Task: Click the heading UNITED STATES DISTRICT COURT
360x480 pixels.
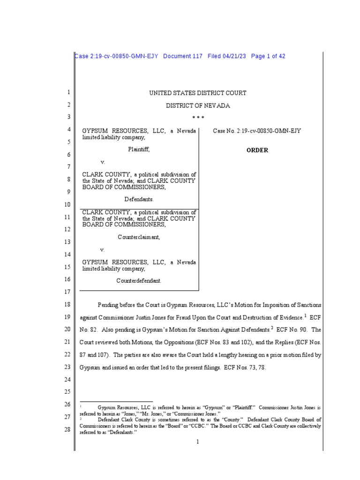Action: tap(197, 93)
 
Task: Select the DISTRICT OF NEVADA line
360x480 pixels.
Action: tap(197, 106)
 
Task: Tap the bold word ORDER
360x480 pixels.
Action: tap(257, 150)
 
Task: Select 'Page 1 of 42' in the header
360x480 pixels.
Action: tap(268, 56)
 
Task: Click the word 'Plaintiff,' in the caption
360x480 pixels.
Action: tap(139, 150)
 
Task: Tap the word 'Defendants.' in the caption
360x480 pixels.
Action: tap(139, 199)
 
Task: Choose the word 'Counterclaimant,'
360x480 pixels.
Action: tap(139, 237)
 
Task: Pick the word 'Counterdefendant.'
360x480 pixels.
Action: tap(139, 280)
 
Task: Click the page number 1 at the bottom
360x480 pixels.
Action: tap(198, 442)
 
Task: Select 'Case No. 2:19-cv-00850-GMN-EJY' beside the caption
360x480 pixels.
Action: tap(257, 131)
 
